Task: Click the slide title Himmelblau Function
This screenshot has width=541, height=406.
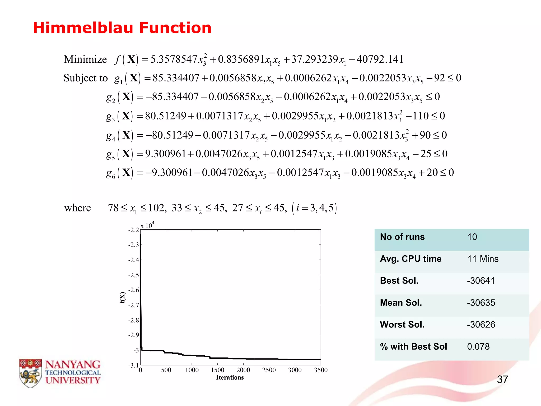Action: click(x=122, y=28)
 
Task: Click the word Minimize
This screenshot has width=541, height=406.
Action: click(x=85, y=59)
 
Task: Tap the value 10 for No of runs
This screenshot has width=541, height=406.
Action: click(x=472, y=237)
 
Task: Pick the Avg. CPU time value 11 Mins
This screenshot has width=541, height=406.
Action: click(x=483, y=259)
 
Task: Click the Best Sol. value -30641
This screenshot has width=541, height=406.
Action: click(x=481, y=281)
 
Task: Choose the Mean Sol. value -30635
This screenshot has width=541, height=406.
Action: click(x=481, y=303)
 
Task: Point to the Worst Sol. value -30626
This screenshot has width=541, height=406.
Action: click(x=481, y=325)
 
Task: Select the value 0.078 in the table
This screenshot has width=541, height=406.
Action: click(x=478, y=347)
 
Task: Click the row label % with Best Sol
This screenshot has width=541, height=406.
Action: click(x=413, y=347)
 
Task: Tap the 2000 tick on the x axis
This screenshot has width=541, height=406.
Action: click(x=243, y=370)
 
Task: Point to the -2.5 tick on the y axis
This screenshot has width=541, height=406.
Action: click(x=134, y=275)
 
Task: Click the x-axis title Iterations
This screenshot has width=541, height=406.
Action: click(x=230, y=377)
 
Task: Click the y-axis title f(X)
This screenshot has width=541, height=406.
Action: click(x=122, y=297)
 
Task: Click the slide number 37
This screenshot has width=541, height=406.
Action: click(x=502, y=380)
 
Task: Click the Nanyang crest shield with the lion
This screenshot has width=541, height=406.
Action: click(x=30, y=373)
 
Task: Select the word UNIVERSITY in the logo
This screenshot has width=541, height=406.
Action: click(x=73, y=380)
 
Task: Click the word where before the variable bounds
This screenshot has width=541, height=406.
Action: click(x=77, y=208)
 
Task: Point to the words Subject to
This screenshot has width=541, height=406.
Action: click(x=86, y=78)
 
